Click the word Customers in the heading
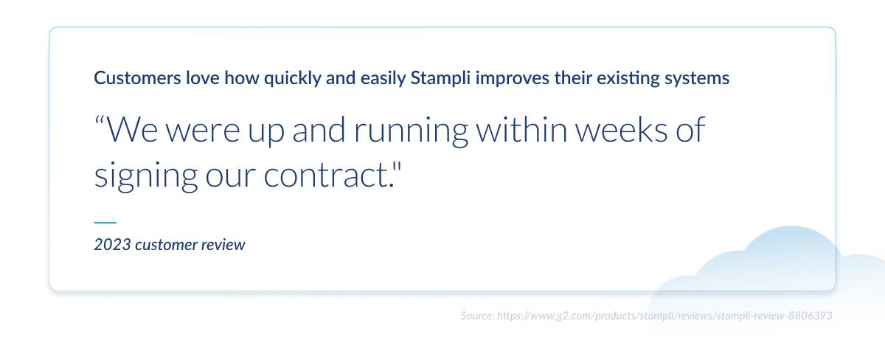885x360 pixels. [137, 78]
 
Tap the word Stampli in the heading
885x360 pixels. [440, 79]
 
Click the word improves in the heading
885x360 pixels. [513, 79]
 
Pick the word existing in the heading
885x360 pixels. [628, 79]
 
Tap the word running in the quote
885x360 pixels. [411, 131]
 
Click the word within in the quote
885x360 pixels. [521, 130]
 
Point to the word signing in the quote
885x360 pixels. [146, 176]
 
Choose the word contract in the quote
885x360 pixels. [326, 176]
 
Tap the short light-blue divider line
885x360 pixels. [105, 223]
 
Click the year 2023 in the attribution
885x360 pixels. [113, 245]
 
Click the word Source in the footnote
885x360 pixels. [477, 316]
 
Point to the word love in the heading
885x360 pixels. [203, 78]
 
